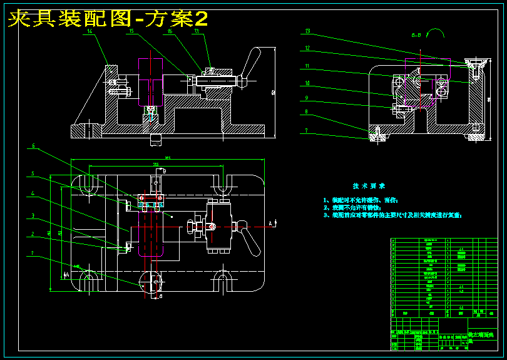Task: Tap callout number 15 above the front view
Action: [131, 31]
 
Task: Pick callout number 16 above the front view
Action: [170, 31]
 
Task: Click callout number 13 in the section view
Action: [307, 31]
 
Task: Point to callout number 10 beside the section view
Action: [307, 83]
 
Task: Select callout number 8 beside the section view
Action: [307, 112]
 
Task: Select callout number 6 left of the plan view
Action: [34, 147]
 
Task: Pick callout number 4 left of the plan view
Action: [34, 193]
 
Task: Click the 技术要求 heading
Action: [369, 186]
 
